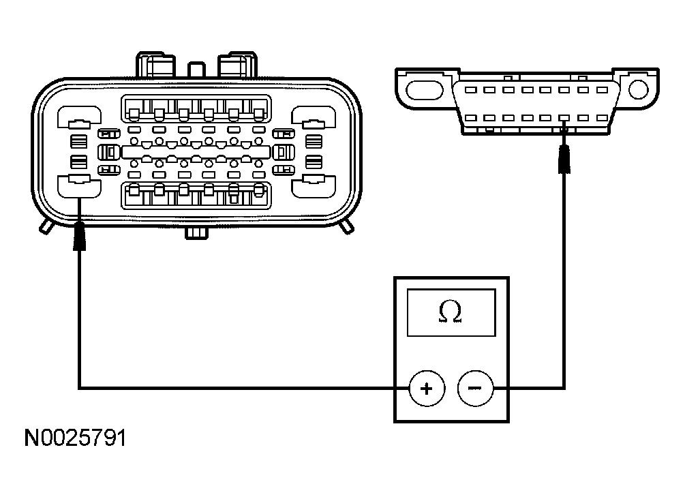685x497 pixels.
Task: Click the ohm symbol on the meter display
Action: click(451, 312)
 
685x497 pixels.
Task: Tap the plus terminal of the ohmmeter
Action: click(426, 389)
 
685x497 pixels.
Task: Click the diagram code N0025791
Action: click(76, 437)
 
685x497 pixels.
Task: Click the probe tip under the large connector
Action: click(80, 235)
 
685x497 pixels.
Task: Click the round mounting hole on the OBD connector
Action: click(639, 89)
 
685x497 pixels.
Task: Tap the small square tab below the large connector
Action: click(196, 233)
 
